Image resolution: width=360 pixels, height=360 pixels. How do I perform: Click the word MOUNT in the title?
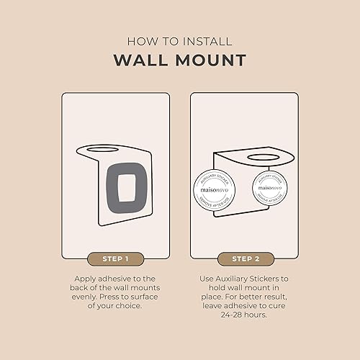(210, 60)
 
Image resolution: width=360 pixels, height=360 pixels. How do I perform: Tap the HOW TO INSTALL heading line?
(179, 42)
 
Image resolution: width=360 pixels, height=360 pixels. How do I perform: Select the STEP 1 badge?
(116, 257)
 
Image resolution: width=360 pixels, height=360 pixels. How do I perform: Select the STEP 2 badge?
(244, 257)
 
